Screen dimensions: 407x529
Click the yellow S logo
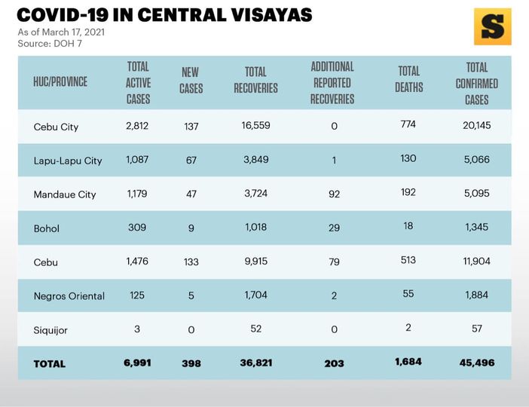(x=492, y=27)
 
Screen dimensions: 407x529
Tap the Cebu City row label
(x=57, y=126)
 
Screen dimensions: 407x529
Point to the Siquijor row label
(x=51, y=329)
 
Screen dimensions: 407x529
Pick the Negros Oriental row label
(x=69, y=295)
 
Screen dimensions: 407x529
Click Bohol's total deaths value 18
(x=408, y=226)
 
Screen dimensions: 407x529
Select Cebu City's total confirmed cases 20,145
(x=476, y=125)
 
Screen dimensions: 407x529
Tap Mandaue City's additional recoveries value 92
(x=334, y=194)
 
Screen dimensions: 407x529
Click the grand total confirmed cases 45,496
(x=476, y=363)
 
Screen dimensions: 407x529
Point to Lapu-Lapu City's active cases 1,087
(x=138, y=159)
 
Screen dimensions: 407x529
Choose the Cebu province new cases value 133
(x=191, y=262)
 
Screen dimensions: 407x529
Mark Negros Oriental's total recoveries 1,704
(x=255, y=295)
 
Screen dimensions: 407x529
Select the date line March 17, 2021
(x=61, y=32)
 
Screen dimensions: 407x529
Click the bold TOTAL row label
(x=50, y=363)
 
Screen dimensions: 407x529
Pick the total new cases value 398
(x=191, y=363)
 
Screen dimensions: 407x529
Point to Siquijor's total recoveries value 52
(x=255, y=329)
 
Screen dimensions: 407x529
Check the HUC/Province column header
(x=60, y=81)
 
